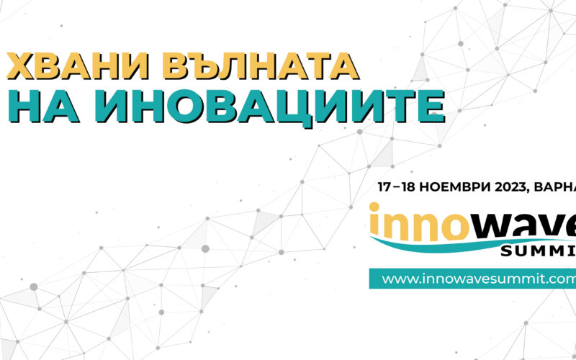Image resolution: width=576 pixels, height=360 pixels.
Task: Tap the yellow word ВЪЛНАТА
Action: pos(261,66)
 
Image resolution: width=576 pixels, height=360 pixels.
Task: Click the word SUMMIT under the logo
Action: pos(538,251)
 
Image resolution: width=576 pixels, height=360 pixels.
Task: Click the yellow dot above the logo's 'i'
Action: pos(374,207)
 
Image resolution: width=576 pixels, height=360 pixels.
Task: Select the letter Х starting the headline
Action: pos(21,66)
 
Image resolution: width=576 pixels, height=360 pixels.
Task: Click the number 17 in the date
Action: pos(384,187)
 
